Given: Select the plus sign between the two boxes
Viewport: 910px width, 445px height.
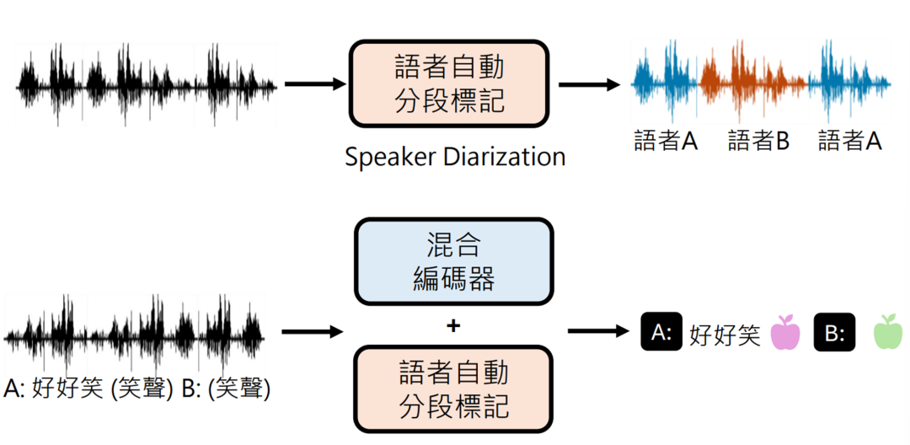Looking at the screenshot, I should pos(453,324).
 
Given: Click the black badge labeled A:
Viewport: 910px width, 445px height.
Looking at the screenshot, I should pos(661,333).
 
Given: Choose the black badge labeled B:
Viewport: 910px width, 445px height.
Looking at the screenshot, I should pos(835,334).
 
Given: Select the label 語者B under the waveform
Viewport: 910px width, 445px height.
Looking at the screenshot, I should pos(758,141).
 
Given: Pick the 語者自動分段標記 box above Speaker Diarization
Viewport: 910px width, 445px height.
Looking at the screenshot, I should pos(449,84).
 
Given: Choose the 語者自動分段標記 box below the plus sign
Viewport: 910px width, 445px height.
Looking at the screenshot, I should pos(453,389).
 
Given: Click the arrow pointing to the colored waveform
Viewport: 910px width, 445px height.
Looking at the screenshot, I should pos(593,84).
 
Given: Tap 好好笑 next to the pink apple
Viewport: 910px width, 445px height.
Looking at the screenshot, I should pos(725,335).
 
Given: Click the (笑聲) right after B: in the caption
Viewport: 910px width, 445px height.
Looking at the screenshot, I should pos(242,389).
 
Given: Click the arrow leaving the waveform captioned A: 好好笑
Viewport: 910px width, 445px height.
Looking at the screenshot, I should pos(313,331).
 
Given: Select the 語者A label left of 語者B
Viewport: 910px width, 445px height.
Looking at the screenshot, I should pos(666,141).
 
